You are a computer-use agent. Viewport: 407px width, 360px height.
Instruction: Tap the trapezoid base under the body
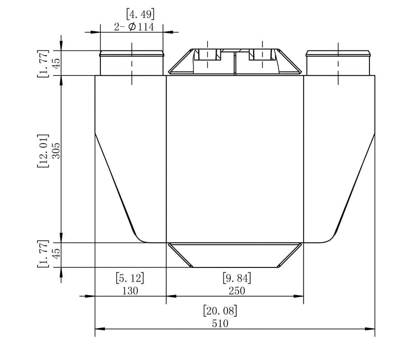[235, 255]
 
